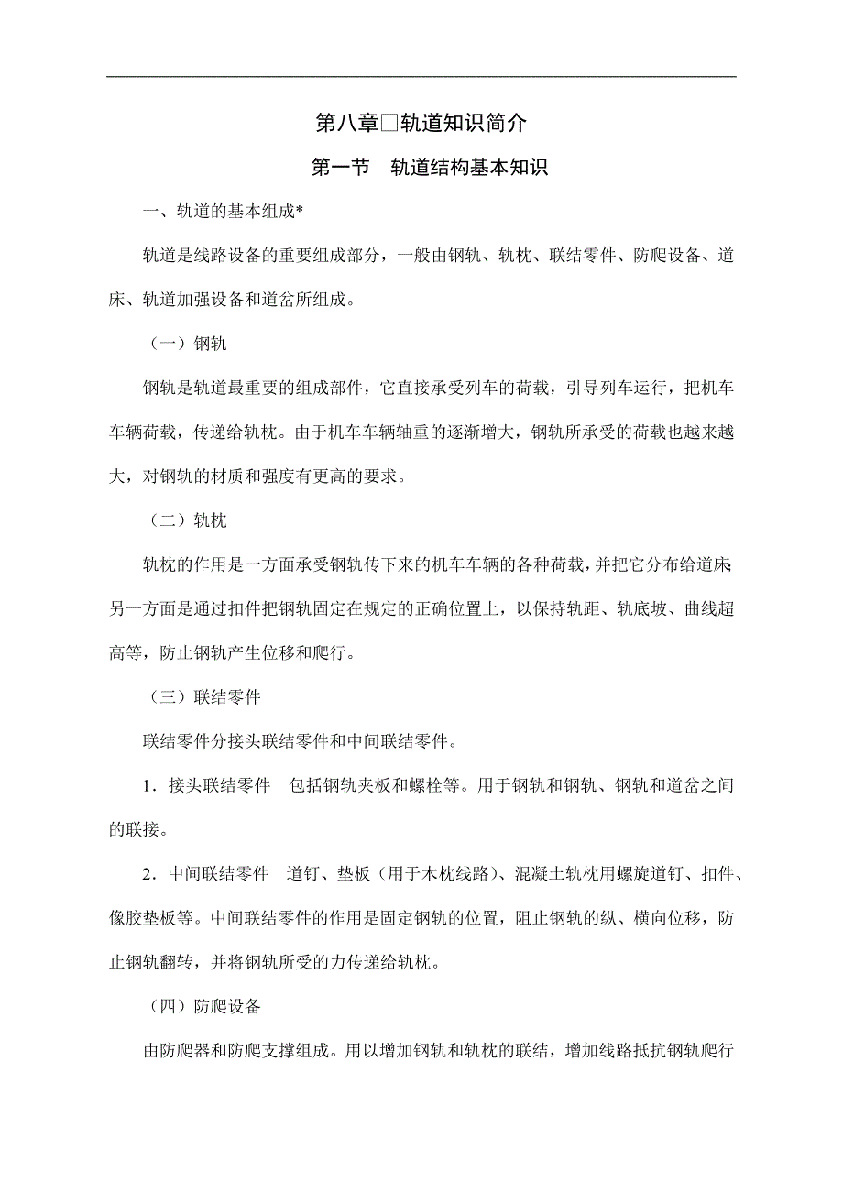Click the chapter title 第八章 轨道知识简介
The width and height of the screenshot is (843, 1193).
421,123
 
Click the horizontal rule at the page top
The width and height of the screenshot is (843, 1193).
421,76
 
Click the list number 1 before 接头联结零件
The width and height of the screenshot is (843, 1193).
147,785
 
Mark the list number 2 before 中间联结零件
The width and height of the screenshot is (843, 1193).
147,873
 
